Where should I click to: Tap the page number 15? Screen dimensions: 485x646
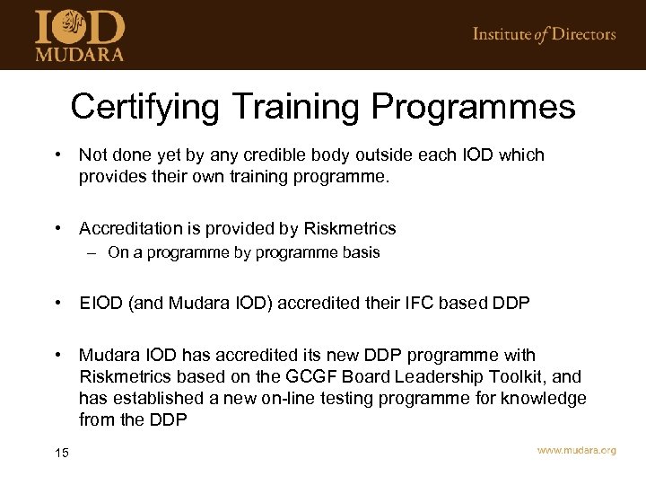[x=61, y=453]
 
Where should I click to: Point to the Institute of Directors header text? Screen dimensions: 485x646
[x=544, y=34]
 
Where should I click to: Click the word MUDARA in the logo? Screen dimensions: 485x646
[x=79, y=53]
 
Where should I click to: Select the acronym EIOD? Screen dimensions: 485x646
[x=100, y=303]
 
